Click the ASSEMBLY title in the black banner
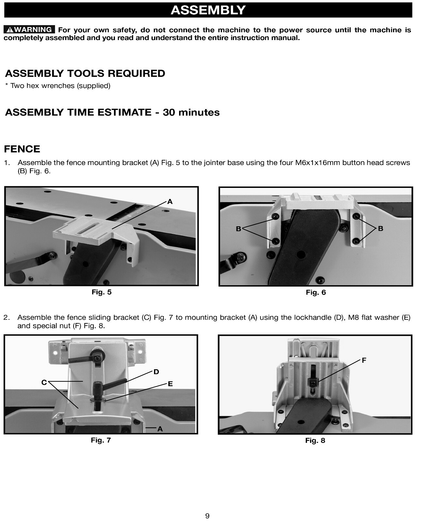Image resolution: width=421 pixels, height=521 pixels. tap(208, 10)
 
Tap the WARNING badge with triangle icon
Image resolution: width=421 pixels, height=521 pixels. tap(29, 30)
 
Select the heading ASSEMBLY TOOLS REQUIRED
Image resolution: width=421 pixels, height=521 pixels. tap(85, 73)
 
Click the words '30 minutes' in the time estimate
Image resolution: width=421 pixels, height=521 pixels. tap(191, 112)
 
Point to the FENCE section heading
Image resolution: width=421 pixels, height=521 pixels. tap(22, 149)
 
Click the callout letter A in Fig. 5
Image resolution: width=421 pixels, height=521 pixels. tap(170, 202)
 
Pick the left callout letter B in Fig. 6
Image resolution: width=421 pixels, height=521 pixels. tap(238, 229)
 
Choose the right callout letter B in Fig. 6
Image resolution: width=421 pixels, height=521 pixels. tap(381, 229)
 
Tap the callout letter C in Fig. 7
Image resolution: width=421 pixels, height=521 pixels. tap(44, 383)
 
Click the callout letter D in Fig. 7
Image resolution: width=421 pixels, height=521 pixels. tap(156, 372)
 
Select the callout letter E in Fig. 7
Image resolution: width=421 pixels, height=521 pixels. tap(170, 384)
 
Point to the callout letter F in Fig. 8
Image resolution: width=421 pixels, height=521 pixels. tap(364, 360)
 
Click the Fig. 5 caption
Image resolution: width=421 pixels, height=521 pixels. tap(102, 292)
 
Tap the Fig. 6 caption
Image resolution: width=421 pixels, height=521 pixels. tap(316, 292)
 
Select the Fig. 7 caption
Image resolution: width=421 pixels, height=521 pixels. tap(101, 440)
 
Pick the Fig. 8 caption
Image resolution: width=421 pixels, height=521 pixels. tap(315, 441)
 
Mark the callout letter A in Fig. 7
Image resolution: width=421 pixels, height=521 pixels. tap(160, 429)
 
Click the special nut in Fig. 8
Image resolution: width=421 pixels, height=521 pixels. tap(313, 381)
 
